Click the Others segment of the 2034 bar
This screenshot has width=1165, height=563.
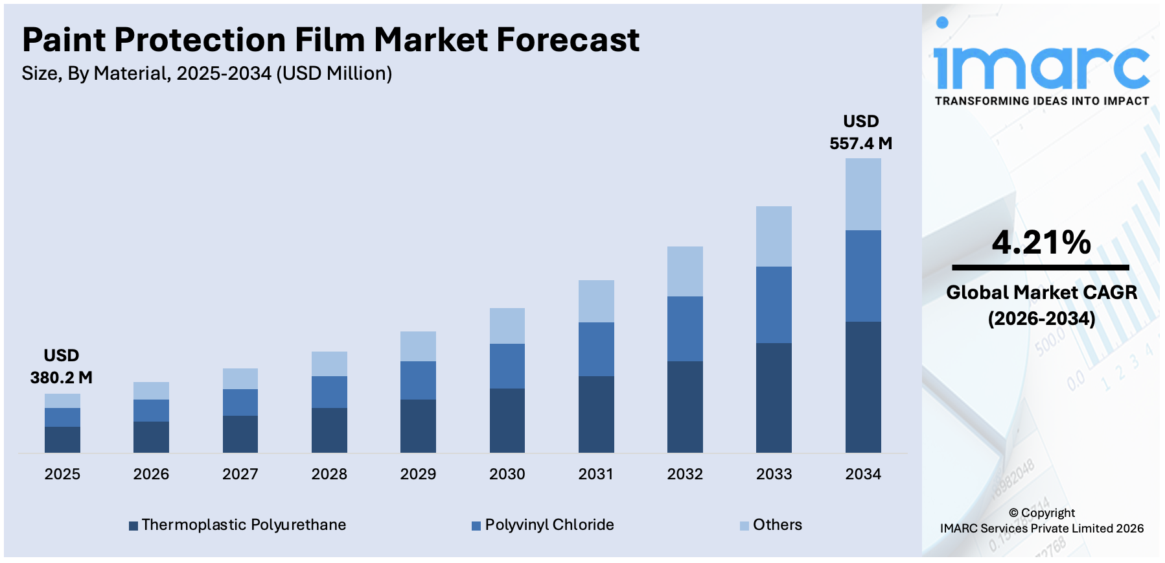[862, 194]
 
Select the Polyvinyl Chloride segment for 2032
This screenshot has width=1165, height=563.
[685, 328]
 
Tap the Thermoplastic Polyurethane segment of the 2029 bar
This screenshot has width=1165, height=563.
[418, 425]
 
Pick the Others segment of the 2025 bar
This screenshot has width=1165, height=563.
[62, 400]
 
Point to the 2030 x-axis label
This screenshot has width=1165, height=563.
[507, 474]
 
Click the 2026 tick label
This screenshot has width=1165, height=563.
[151, 474]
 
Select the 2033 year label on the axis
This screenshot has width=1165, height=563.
[774, 474]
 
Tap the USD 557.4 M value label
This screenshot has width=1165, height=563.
[860, 132]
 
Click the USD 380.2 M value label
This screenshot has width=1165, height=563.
[62, 366]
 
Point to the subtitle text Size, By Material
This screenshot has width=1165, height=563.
[95, 73]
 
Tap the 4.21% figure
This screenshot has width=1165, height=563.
[1041, 243]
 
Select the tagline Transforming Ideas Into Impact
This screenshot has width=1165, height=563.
[1041, 101]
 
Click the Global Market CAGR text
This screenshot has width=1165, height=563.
[1041, 293]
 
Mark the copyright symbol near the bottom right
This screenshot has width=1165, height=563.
[1013, 513]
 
